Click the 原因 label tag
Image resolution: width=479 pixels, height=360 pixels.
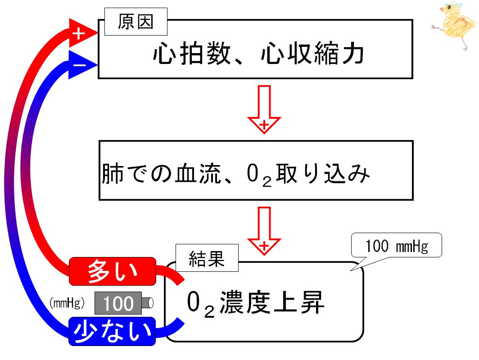(x=136, y=22)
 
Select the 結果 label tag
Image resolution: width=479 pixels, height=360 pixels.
(x=207, y=258)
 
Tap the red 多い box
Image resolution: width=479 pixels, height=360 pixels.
(x=113, y=271)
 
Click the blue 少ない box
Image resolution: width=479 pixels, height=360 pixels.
(x=112, y=331)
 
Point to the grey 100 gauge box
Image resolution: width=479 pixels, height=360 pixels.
(x=118, y=303)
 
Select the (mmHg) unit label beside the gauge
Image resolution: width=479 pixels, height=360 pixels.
(x=67, y=303)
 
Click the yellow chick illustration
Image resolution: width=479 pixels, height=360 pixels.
(x=455, y=26)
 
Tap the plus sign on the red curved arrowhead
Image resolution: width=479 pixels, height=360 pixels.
(x=78, y=34)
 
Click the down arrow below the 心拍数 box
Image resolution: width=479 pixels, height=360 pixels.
(x=264, y=109)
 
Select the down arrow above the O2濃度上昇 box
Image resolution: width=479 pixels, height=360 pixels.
(x=264, y=231)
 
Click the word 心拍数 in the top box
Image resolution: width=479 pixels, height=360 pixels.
(x=192, y=54)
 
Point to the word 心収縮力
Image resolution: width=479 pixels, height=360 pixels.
(x=312, y=54)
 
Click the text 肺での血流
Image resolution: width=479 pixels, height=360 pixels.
(x=161, y=173)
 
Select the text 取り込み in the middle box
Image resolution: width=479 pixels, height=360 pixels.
(x=323, y=173)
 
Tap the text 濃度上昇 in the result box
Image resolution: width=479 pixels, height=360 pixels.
(x=272, y=302)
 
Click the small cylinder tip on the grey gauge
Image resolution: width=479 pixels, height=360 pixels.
(x=148, y=303)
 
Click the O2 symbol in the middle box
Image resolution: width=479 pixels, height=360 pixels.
(x=259, y=175)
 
